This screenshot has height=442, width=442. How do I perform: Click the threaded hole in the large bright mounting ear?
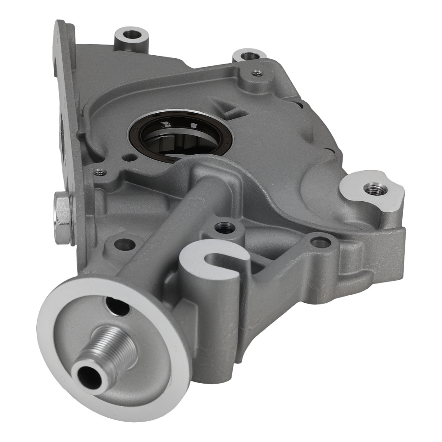tap(373, 189)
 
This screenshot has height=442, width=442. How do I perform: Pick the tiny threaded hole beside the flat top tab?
tap(255, 73)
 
